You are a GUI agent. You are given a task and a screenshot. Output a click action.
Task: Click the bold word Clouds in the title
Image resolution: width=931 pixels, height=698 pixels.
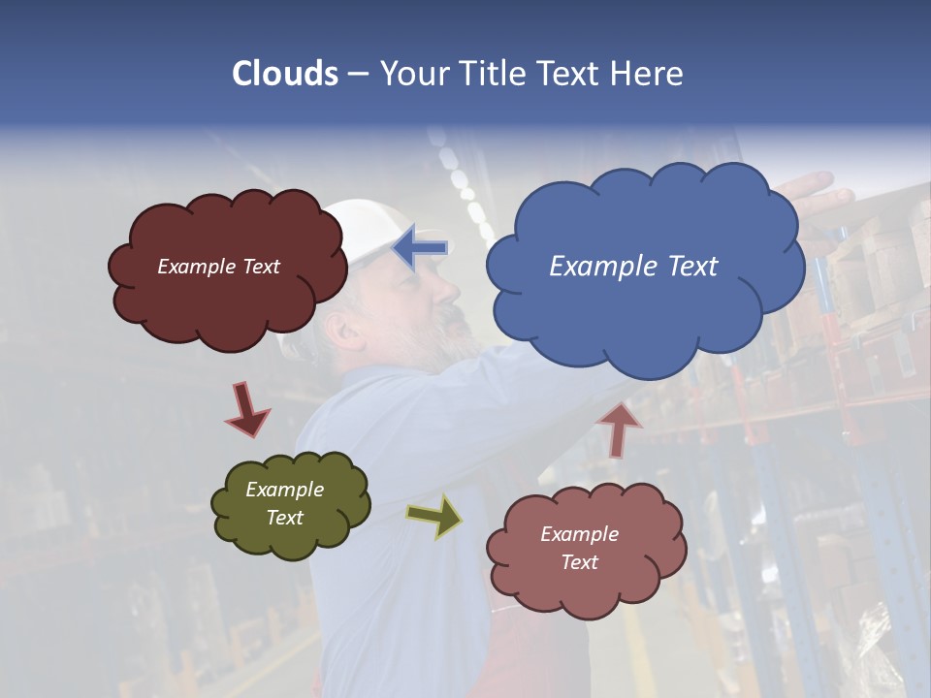click(285, 74)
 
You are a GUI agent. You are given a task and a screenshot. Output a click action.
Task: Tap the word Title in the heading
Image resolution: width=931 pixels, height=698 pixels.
click(494, 74)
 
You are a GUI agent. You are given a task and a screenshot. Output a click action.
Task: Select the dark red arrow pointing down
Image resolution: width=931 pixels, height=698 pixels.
click(246, 409)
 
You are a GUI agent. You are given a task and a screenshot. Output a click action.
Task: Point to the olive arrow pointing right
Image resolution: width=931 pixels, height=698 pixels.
click(434, 517)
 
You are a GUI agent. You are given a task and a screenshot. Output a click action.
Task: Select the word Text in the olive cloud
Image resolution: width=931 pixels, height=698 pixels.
click(285, 518)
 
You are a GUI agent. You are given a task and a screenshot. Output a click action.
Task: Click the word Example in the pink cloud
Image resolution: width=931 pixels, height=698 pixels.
click(579, 534)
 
